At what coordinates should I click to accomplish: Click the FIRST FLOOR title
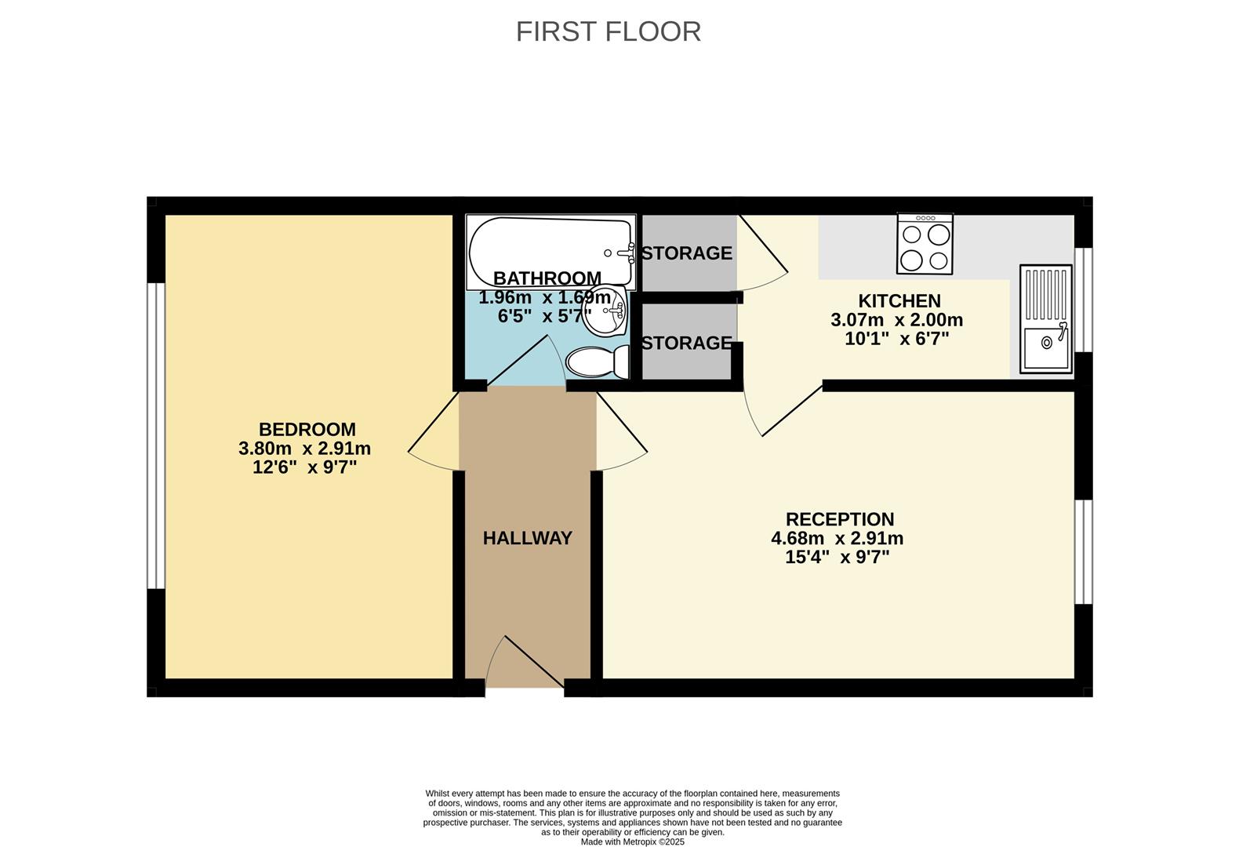point(608,31)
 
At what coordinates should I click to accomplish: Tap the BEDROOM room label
point(307,429)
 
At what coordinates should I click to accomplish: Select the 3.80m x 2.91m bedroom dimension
point(304,449)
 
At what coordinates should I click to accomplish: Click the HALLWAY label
point(527,538)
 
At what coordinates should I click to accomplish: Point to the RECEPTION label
point(839,519)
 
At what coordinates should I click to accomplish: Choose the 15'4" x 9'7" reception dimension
point(837,558)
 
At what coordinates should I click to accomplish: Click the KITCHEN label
point(899,301)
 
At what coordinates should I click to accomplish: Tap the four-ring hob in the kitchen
point(925,245)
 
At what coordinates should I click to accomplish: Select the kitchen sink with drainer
point(1045,318)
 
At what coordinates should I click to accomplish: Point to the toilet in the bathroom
point(598,362)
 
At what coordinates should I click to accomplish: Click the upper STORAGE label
point(686,253)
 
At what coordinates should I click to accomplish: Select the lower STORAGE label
point(686,343)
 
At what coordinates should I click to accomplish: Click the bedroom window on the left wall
point(156,435)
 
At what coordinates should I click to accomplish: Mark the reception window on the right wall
point(1083,551)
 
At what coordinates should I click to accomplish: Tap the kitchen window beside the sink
point(1083,300)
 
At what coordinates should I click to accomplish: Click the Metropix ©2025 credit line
point(632,842)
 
